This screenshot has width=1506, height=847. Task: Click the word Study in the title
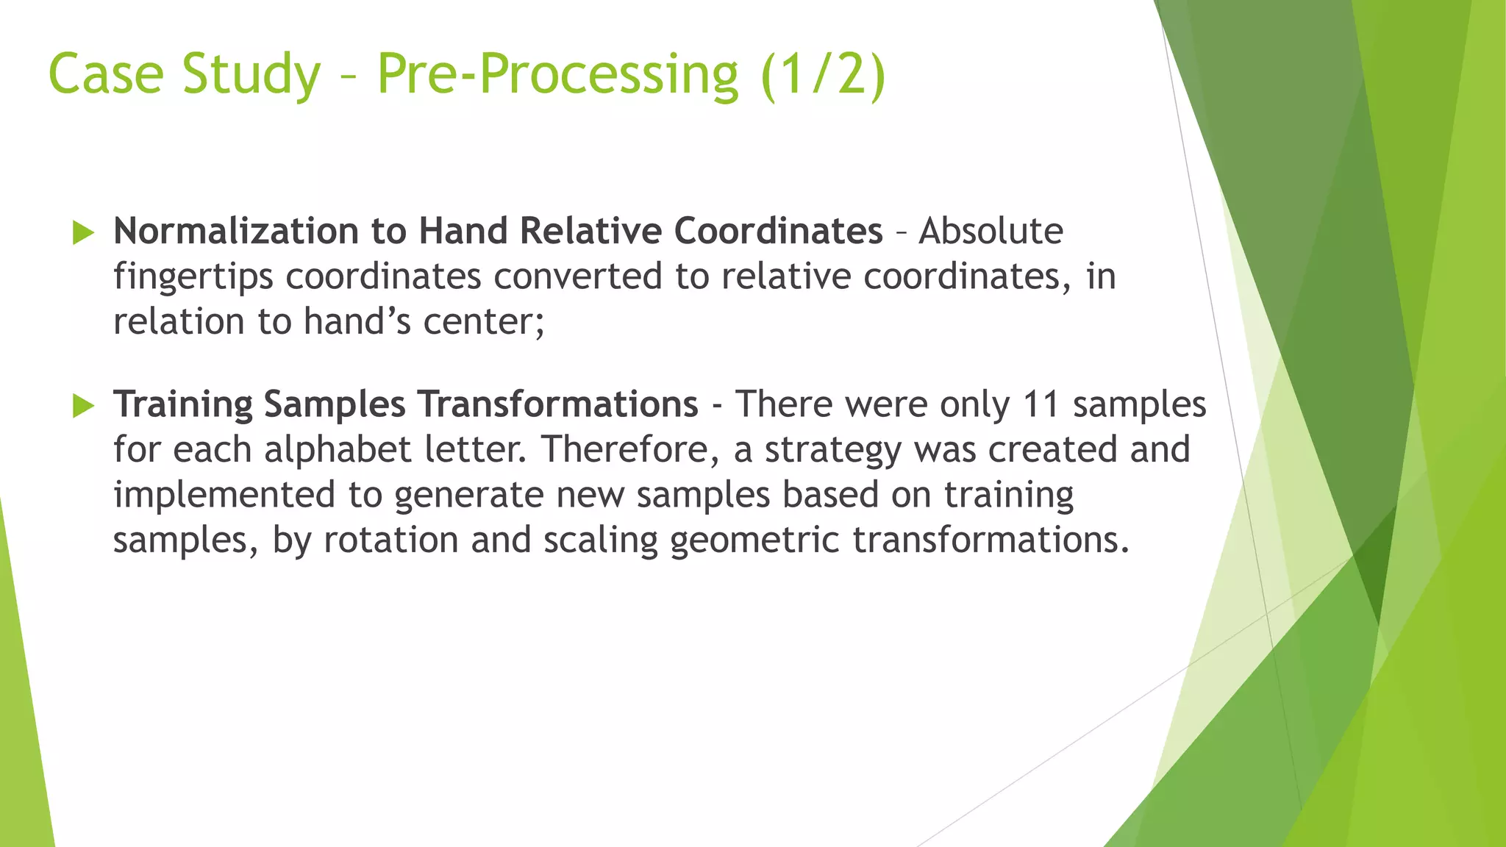(251, 74)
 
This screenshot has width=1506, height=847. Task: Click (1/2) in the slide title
(823, 74)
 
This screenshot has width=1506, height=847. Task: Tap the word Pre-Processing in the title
(557, 74)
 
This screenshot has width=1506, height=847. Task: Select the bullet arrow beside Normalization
(84, 234)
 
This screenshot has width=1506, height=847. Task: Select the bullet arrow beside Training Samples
(84, 406)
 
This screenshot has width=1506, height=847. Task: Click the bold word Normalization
(235, 231)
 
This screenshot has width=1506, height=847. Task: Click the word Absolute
(991, 231)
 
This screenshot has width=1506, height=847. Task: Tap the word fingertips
(193, 277)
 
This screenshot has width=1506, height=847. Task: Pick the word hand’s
(357, 321)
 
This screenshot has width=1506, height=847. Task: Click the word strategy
(832, 450)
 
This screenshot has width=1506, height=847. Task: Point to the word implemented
(224, 495)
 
